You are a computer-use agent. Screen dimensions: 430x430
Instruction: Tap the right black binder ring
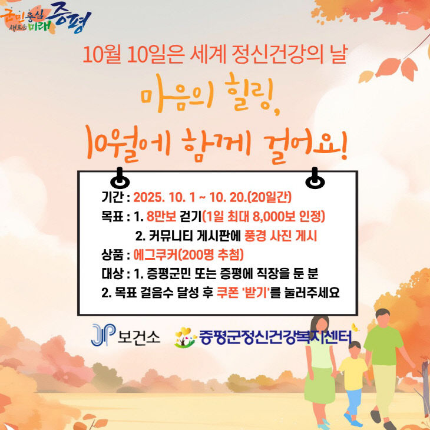(315, 177)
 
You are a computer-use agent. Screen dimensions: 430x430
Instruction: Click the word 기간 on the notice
(112, 196)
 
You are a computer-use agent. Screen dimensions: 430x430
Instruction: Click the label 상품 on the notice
(112, 254)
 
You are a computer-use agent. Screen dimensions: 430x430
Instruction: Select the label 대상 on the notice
(112, 273)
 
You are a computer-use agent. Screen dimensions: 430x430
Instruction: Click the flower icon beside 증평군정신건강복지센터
(186, 338)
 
